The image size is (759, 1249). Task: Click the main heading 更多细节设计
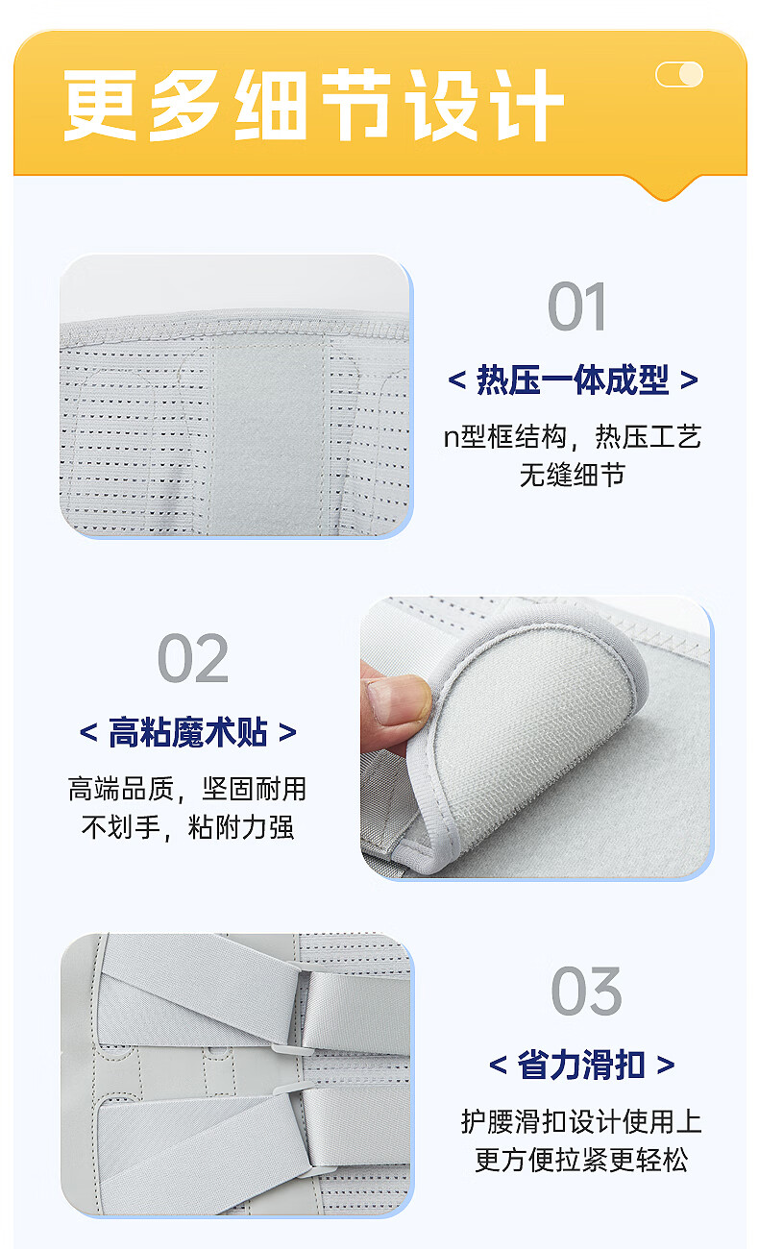[x=313, y=106]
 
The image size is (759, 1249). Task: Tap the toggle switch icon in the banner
[x=679, y=74]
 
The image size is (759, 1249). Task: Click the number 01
[x=576, y=306]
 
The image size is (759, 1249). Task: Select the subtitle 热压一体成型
[x=573, y=380]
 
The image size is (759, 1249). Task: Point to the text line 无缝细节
[x=573, y=475]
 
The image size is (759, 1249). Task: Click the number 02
[x=193, y=658]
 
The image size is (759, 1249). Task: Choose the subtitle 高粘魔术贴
[x=188, y=732]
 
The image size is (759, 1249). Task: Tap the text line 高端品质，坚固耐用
[x=187, y=789]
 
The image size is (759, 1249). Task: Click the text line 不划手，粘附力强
[x=187, y=827]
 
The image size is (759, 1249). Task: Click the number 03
[x=586, y=991]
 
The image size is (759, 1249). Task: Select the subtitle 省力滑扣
[x=581, y=1065]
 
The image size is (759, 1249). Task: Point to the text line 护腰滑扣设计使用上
[x=581, y=1122]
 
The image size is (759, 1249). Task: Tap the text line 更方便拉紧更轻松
[x=581, y=1161]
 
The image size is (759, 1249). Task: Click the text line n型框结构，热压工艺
[x=573, y=436]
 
